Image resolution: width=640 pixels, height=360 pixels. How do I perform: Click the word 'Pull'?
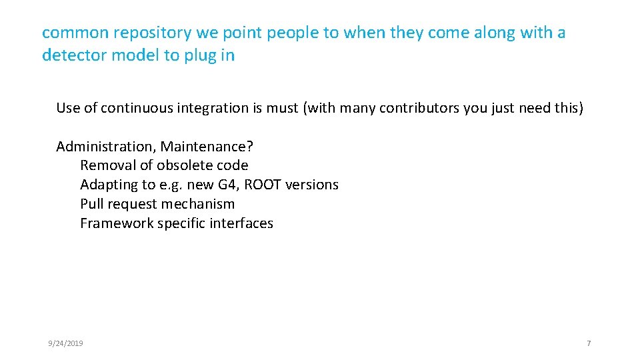[x=91, y=204]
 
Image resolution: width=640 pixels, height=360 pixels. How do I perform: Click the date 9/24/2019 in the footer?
[x=65, y=343]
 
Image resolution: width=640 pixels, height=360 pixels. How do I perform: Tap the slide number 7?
[x=589, y=343]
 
